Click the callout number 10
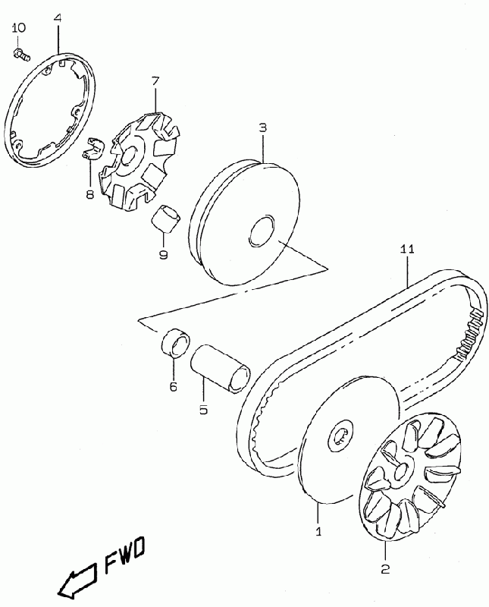pos(19,28)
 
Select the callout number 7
pos(155,81)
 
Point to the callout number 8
pos(90,195)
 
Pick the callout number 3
pos(263,128)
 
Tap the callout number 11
pos(408,250)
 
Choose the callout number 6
pos(173,386)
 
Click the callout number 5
pos(203,407)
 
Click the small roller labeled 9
pos(167,220)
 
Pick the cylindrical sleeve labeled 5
pos(220,367)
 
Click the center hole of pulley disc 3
pos(264,231)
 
